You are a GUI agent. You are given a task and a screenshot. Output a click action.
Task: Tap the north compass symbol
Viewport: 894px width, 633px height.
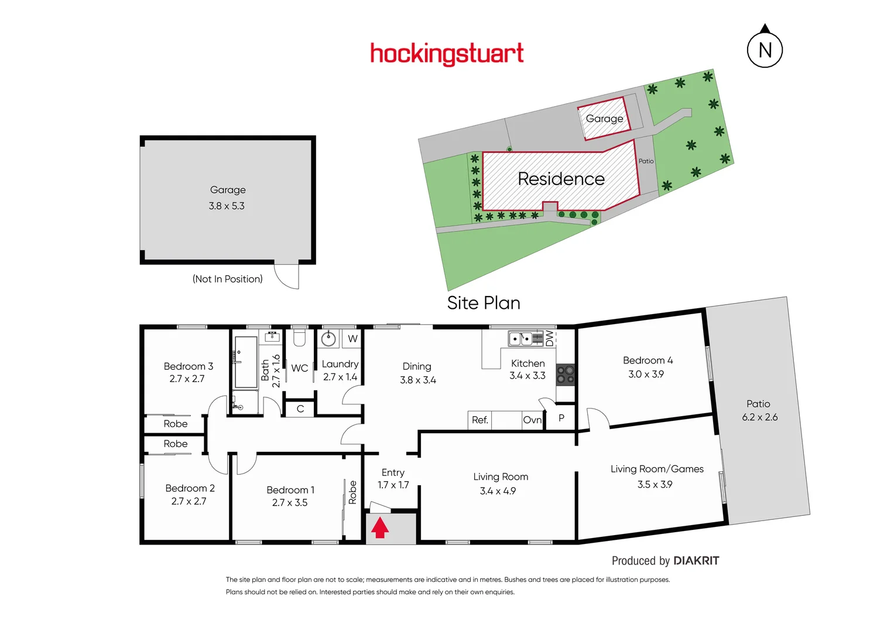(x=765, y=50)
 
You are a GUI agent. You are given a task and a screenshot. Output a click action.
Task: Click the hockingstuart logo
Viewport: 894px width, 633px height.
(x=447, y=54)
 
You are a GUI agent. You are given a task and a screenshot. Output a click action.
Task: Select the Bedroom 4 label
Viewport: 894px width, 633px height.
(x=648, y=360)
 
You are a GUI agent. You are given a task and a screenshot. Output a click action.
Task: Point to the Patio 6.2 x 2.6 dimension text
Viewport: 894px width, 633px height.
(x=759, y=417)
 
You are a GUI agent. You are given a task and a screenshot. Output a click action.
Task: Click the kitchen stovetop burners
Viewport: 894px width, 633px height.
(x=565, y=375)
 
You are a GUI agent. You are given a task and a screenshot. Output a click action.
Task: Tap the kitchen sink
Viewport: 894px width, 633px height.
(x=520, y=339)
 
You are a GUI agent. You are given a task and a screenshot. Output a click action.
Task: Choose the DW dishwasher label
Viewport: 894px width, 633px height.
(x=549, y=338)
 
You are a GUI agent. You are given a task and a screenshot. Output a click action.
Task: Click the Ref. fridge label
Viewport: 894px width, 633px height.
(x=480, y=420)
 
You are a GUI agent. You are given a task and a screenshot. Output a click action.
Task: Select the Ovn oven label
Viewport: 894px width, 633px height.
(x=532, y=420)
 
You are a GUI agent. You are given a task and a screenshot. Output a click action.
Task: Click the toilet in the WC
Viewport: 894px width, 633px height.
(x=299, y=338)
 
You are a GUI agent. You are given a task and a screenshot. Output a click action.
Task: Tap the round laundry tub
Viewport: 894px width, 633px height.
(x=329, y=338)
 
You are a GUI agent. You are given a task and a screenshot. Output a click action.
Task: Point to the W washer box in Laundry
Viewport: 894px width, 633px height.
(x=352, y=339)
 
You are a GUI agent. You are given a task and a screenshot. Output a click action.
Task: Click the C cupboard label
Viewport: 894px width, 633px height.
(x=300, y=409)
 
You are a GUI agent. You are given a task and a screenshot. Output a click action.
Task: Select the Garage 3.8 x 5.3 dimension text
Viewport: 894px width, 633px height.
(x=227, y=206)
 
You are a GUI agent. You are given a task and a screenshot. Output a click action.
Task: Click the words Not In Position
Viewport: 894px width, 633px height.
(x=228, y=279)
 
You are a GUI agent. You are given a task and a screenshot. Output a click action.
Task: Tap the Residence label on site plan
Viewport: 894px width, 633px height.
(x=561, y=179)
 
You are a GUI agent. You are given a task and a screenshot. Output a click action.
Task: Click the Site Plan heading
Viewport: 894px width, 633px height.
(x=484, y=303)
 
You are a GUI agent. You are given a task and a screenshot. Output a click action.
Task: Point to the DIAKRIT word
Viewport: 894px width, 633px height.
(x=696, y=561)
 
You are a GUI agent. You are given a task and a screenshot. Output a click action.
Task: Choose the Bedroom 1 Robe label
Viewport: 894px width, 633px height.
(x=352, y=492)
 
